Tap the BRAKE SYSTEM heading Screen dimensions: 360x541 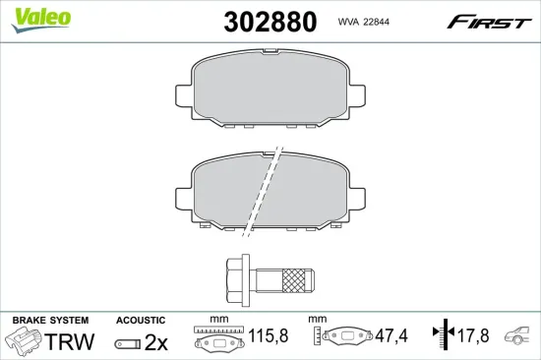point(50,321)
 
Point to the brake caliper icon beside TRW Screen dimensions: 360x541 point(24,341)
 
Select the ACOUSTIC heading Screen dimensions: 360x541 point(141,321)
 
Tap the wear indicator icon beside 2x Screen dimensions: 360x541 point(127,343)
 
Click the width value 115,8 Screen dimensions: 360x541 point(269,337)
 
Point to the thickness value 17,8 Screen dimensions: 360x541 point(474,337)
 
